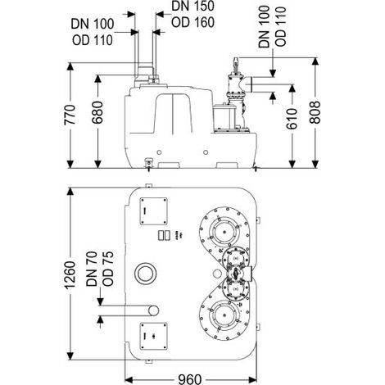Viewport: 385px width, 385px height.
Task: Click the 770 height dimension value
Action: point(70,115)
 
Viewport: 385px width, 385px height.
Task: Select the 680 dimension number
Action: point(97,112)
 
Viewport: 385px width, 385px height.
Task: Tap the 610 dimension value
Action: point(292,119)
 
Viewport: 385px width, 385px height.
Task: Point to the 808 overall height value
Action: point(315,112)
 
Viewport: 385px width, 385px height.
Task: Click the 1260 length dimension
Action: point(70,275)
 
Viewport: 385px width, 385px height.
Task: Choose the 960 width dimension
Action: point(190,379)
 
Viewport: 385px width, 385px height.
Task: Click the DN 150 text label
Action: point(192,7)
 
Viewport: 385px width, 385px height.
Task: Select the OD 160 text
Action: point(192,22)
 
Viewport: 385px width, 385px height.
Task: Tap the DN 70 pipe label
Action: point(92,269)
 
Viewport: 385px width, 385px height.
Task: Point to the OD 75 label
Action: point(108,269)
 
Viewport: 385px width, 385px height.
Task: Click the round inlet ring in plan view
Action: point(146,274)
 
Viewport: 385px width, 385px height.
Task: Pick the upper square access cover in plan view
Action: point(153,211)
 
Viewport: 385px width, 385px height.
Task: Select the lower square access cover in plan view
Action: point(153,337)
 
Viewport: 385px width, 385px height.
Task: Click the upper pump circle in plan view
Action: point(224,232)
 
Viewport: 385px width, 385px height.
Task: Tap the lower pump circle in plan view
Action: point(224,315)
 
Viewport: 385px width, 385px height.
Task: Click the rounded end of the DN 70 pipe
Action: point(154,310)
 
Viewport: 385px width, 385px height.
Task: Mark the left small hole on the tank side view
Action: point(159,152)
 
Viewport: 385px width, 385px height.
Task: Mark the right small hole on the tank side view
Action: point(206,152)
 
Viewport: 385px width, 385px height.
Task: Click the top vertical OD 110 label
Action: point(281,26)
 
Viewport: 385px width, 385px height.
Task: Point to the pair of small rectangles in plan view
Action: point(164,235)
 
